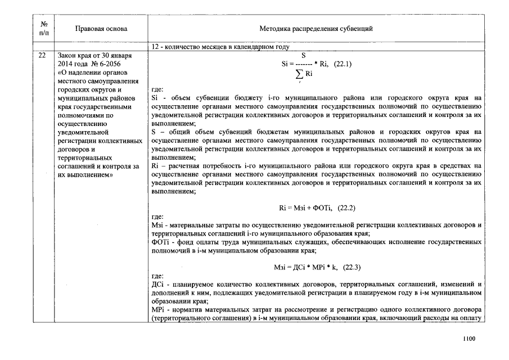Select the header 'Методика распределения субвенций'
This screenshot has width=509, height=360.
pos(316,28)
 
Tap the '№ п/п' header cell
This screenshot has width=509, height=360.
pos(44,28)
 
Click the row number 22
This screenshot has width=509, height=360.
pos(43,56)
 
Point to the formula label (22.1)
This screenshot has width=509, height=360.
pos(343,64)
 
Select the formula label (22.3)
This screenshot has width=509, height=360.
pos(350,267)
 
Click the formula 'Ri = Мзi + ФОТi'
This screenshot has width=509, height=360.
pos(307,208)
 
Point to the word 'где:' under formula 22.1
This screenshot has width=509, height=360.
pos(157,89)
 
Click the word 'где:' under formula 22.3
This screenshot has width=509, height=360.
pos(157,276)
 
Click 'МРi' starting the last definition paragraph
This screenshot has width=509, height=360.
pos(158,310)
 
